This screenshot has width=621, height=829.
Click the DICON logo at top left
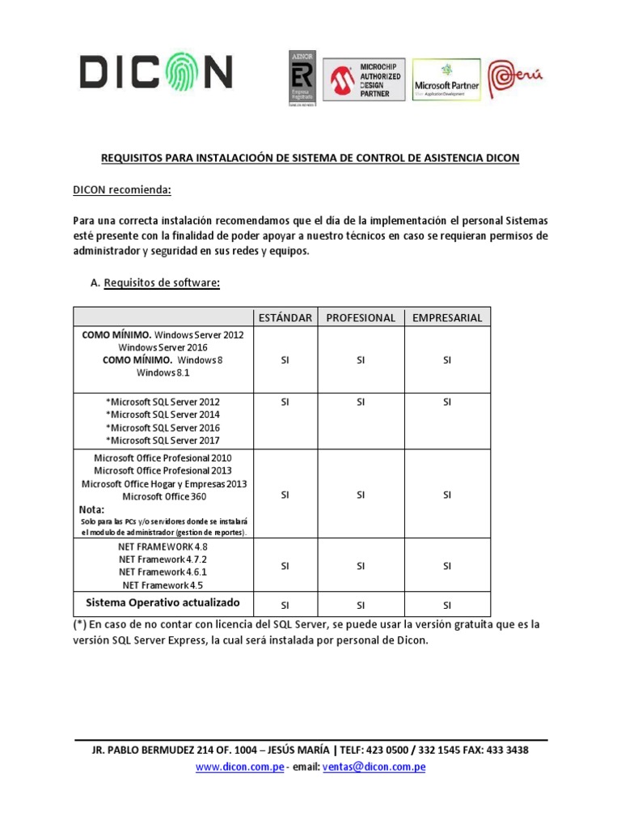(156, 73)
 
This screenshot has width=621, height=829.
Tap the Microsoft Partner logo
(446, 79)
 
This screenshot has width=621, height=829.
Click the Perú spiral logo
(517, 78)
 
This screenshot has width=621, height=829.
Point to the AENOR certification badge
(302, 79)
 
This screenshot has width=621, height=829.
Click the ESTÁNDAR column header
(285, 317)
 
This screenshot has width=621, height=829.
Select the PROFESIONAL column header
(361, 317)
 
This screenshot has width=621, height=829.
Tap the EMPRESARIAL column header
(446, 317)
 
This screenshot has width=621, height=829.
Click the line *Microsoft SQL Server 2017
(163, 440)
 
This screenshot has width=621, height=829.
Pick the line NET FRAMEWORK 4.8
(163, 546)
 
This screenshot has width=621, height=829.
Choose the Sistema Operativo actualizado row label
(163, 602)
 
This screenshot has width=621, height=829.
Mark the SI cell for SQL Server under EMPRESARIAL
(446, 402)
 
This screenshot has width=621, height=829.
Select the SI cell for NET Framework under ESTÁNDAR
(285, 567)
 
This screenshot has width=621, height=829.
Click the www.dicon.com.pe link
(239, 767)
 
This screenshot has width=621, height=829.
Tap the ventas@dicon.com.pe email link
(374, 767)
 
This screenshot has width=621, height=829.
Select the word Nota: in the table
(92, 510)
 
